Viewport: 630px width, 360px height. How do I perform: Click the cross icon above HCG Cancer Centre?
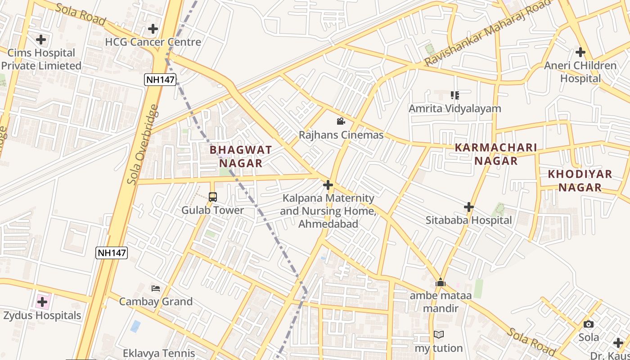coord(153,29)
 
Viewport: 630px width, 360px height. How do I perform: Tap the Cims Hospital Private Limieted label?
coord(41,59)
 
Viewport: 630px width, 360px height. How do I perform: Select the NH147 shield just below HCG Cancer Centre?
coord(160,80)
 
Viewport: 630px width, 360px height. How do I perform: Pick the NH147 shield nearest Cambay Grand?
coord(112,253)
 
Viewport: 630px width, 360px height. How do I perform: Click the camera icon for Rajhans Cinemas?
coord(341,121)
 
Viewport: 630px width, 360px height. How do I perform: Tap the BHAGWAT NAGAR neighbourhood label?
coord(241,156)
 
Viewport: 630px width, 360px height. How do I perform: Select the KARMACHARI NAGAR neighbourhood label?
coord(496,154)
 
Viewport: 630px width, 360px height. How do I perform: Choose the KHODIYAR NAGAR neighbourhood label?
coord(580,180)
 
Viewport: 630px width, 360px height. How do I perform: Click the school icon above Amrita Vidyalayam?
coord(454,95)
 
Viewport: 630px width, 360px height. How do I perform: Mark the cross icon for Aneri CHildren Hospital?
coord(580,52)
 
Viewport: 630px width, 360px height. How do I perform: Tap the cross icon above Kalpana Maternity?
coord(328,185)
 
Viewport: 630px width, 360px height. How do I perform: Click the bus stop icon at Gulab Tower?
coord(212,197)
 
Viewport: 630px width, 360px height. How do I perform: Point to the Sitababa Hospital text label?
coord(469,220)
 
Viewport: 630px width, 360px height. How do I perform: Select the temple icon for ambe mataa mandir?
coord(440,283)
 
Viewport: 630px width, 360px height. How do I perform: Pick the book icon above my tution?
coord(439,335)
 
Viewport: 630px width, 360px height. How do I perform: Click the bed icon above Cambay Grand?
coord(156,288)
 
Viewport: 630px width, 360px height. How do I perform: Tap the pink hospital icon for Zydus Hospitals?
coord(42,301)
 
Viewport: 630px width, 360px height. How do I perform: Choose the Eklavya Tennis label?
coord(159,353)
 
